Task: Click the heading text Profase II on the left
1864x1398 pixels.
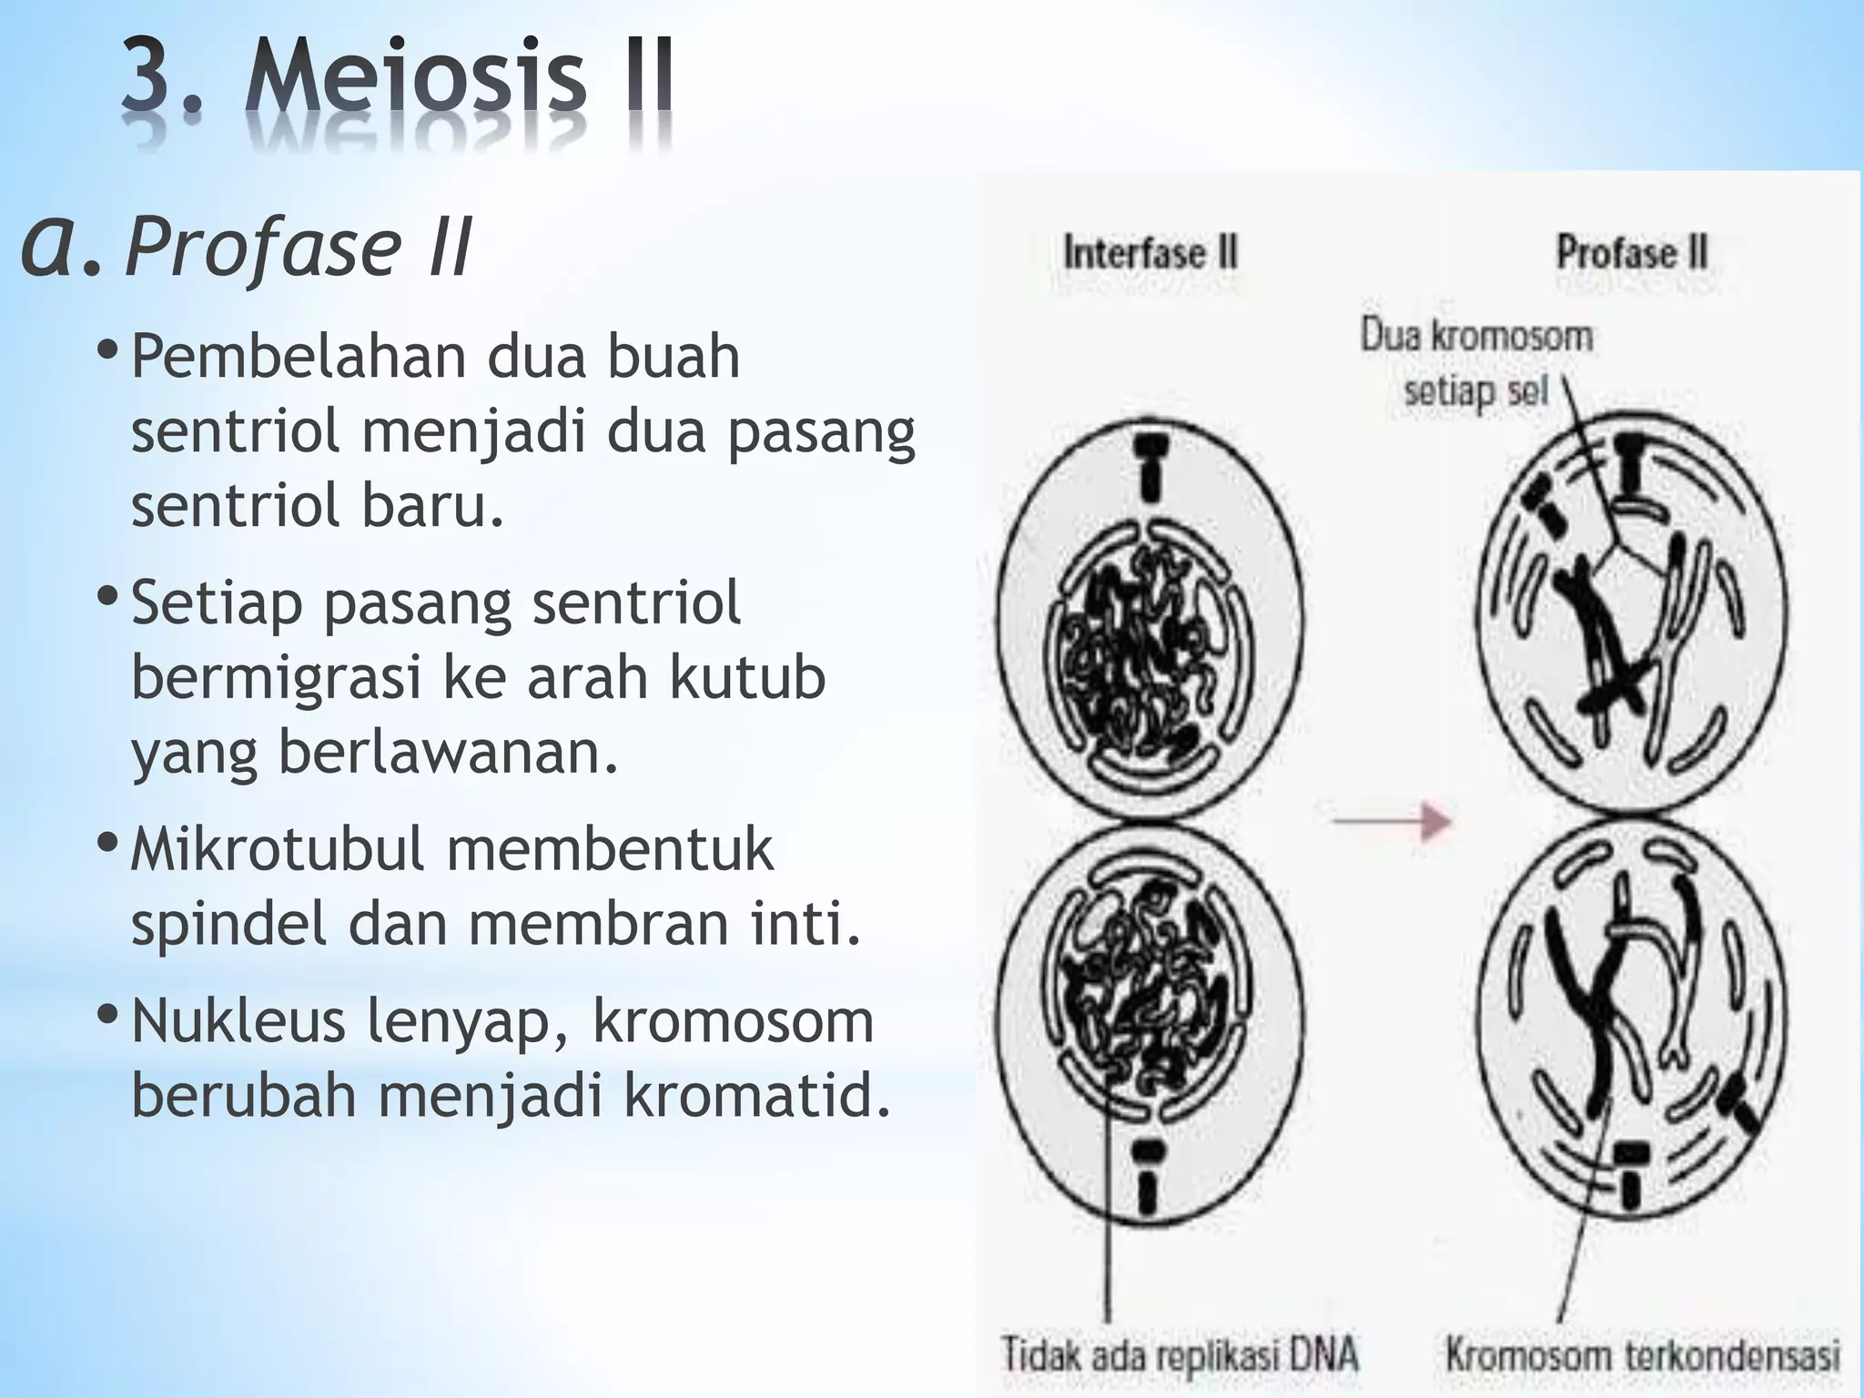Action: (x=299, y=247)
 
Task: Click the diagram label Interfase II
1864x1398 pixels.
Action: (x=1150, y=252)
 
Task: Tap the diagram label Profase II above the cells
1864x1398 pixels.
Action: (x=1632, y=252)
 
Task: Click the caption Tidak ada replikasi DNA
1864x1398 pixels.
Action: (x=1180, y=1353)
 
